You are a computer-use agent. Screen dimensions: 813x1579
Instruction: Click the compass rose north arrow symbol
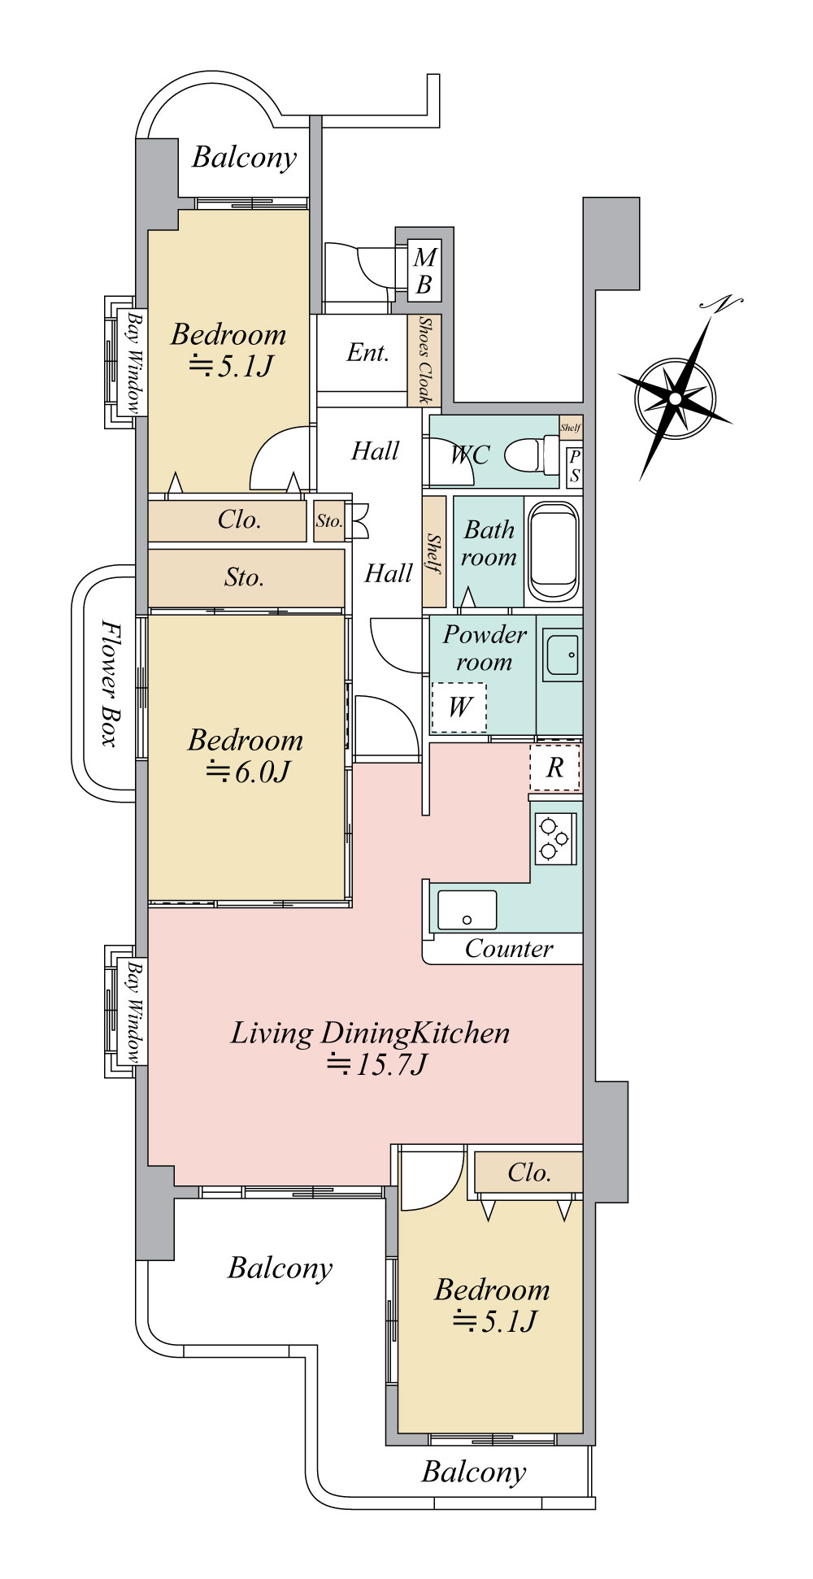(x=675, y=397)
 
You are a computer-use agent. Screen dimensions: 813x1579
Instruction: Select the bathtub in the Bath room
(x=554, y=551)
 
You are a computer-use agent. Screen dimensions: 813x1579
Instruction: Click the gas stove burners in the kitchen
(x=555, y=837)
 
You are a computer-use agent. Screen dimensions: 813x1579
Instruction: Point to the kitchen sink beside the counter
(x=467, y=910)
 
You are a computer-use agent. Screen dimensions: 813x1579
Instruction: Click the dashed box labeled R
(x=555, y=768)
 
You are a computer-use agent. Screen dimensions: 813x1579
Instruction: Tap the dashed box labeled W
(x=459, y=707)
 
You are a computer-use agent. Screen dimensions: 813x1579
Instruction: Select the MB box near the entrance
(x=424, y=271)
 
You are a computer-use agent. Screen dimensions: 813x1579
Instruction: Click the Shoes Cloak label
(x=424, y=360)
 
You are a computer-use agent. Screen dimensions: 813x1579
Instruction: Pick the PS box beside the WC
(x=574, y=467)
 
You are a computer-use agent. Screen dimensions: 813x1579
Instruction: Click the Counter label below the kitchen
(x=509, y=948)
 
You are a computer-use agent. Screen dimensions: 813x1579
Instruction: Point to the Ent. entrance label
(x=367, y=352)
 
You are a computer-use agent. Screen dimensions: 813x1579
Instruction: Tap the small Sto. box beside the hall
(x=329, y=521)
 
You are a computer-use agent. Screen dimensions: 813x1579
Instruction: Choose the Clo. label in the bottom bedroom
(x=529, y=1172)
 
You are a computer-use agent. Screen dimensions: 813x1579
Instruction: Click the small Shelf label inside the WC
(x=571, y=427)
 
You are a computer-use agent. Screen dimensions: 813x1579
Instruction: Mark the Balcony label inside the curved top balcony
(x=245, y=157)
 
